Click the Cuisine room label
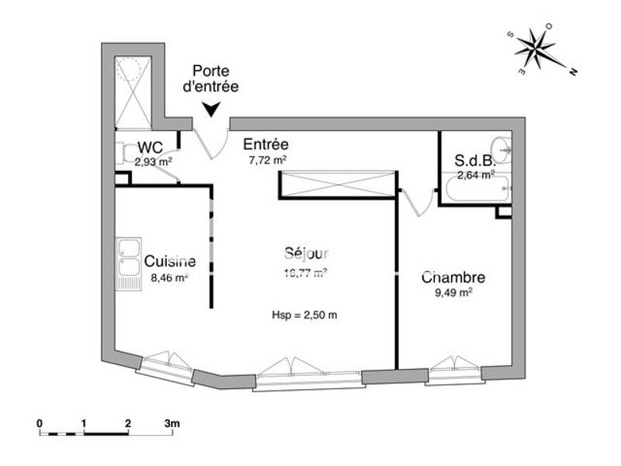click(170, 262)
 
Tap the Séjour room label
click(307, 253)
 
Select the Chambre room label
click(453, 277)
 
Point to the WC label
click(149, 148)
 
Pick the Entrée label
click(266, 144)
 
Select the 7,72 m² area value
click(268, 160)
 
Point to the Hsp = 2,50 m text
click(304, 315)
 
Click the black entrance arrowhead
click(210, 111)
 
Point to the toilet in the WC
click(123, 154)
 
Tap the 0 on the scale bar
click(40, 424)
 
